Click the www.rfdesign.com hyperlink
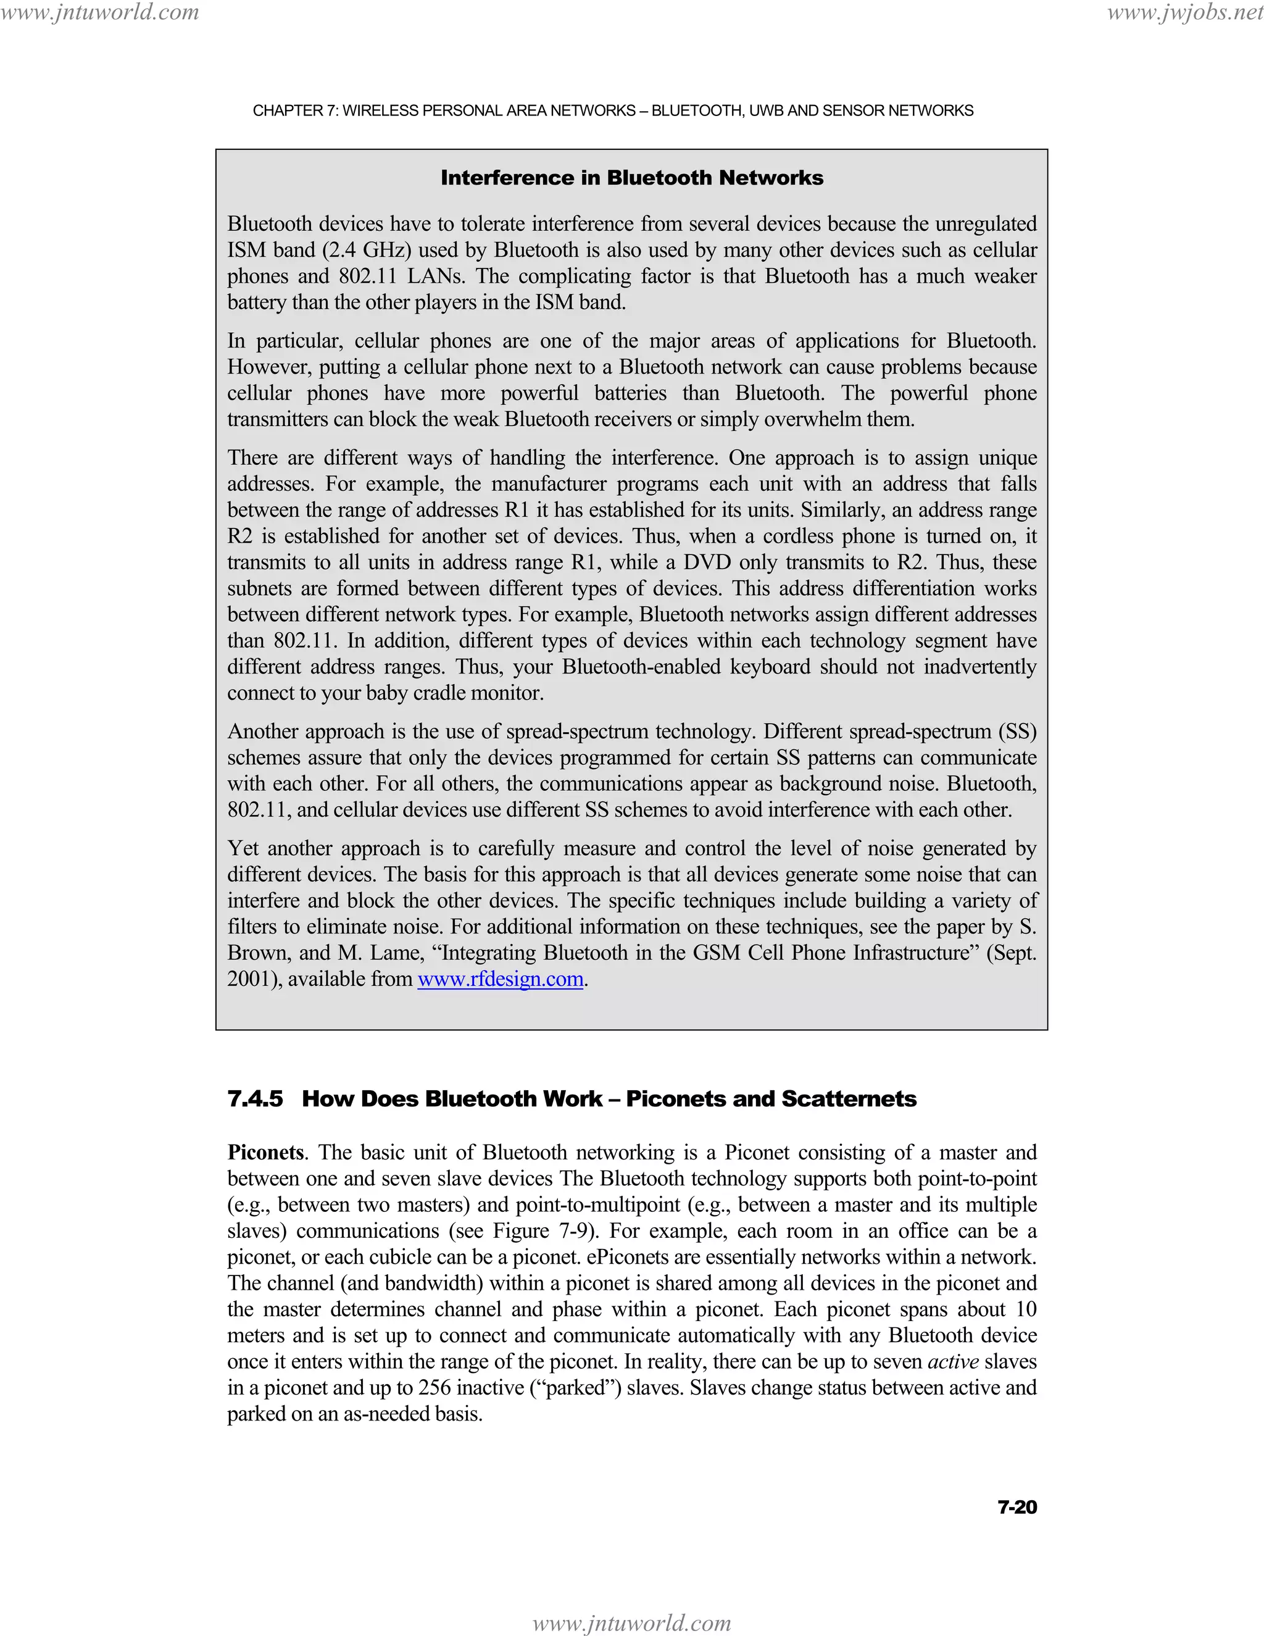coord(500,979)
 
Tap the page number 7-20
coord(1017,1507)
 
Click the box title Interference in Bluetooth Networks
coord(631,178)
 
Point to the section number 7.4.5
coord(256,1099)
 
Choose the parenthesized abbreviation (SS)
coord(1017,731)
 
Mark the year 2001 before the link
coord(249,979)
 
